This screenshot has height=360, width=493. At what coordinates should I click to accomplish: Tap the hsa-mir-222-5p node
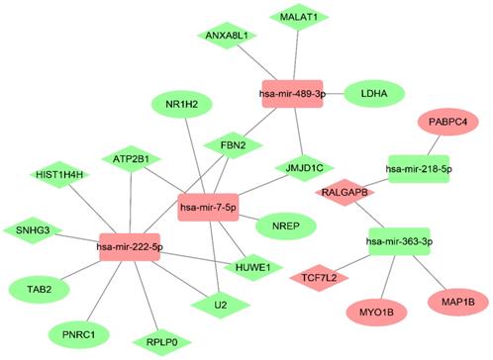tap(131, 243)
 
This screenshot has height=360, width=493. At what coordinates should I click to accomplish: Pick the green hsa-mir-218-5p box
tap(419, 169)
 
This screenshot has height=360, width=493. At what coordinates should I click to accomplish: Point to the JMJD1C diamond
tap(300, 166)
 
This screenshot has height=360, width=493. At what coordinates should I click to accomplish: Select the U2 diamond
tap(220, 305)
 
